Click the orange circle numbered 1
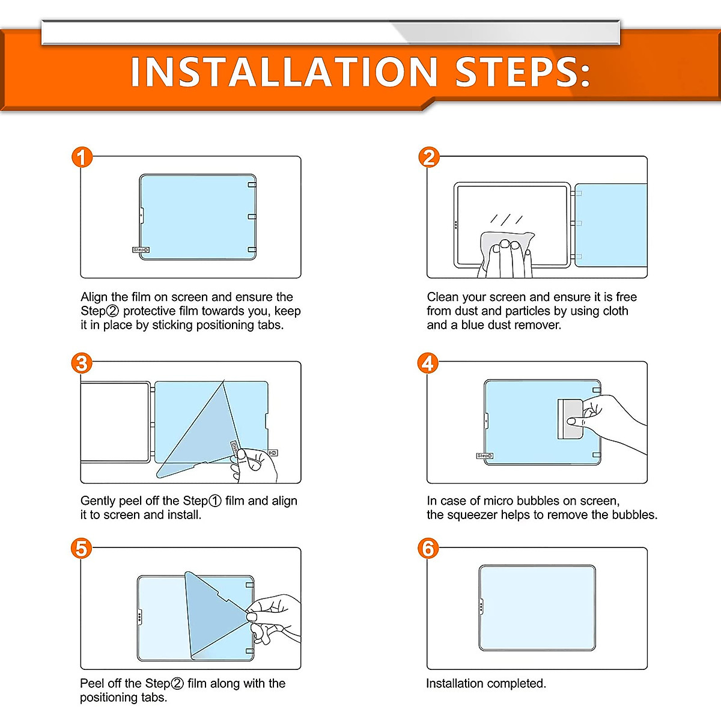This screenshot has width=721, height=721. [82, 157]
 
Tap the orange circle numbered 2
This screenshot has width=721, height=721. [429, 157]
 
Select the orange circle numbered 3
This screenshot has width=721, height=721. [82, 363]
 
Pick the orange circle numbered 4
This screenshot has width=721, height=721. [428, 363]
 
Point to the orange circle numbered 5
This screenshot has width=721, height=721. [81, 549]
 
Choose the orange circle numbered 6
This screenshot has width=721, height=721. [428, 549]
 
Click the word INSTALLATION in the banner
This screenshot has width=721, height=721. [284, 71]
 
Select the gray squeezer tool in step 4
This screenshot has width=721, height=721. [570, 419]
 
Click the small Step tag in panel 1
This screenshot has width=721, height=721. [141, 249]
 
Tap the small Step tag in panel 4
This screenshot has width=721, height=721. [484, 455]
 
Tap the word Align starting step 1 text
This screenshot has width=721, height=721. [94, 297]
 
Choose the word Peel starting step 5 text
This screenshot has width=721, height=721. [92, 684]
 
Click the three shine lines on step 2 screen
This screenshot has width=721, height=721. [507, 219]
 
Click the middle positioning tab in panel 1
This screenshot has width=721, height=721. [252, 217]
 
